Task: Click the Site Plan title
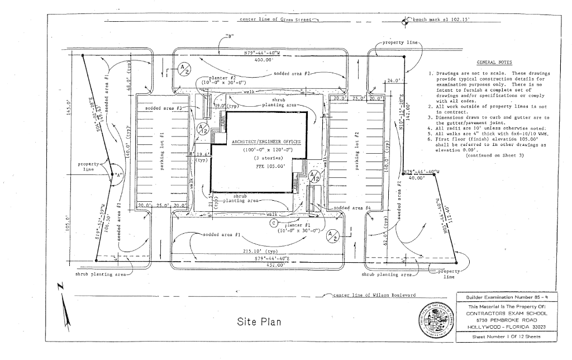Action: pos(255,322)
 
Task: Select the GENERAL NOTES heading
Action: pos(494,63)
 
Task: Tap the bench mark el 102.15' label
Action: pos(441,19)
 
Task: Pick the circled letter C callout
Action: pos(274,222)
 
